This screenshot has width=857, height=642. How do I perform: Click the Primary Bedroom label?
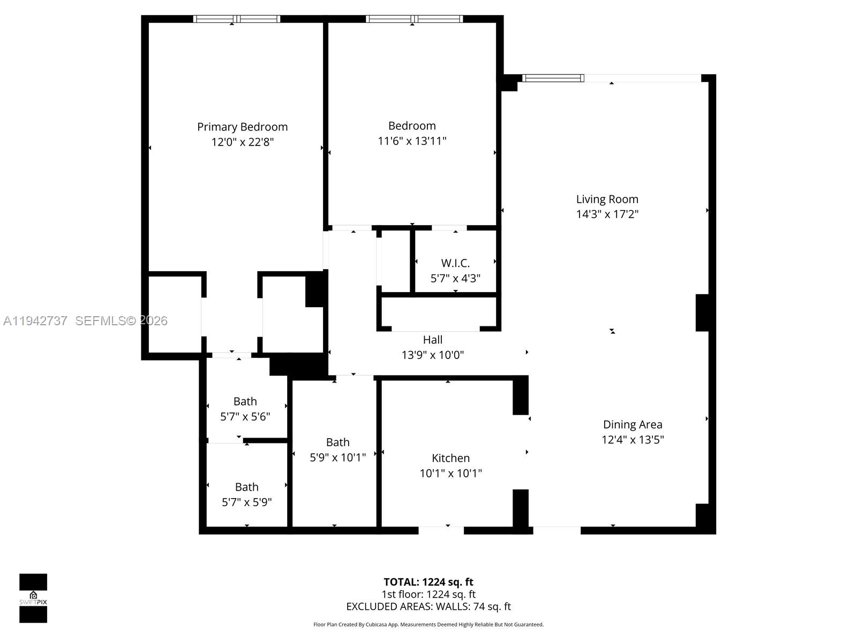[242, 127]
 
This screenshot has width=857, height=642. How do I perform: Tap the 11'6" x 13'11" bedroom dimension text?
[412, 141]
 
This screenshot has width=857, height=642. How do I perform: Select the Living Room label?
[607, 199]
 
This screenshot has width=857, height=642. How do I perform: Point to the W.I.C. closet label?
[455, 263]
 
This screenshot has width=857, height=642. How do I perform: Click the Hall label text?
[433, 340]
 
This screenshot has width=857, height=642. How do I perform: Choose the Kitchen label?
[450, 458]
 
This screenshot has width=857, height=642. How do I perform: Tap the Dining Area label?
[633, 424]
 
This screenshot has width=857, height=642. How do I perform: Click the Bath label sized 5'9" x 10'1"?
[337, 442]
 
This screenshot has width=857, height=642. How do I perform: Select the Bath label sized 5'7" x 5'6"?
[245, 401]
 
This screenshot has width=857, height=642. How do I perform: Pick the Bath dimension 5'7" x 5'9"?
[247, 502]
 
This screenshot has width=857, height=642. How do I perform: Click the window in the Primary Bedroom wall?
[237, 19]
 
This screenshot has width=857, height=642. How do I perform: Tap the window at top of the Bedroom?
[414, 19]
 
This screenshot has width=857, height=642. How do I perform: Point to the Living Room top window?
[553, 78]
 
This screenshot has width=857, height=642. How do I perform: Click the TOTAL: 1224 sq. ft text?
[428, 582]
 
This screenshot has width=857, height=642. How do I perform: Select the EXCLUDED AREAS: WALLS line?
[428, 607]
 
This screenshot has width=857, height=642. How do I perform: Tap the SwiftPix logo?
[33, 598]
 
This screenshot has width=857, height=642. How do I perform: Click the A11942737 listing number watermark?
[35, 320]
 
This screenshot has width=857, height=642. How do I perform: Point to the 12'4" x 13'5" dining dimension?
[633, 440]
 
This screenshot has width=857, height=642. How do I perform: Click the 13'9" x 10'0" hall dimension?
[433, 355]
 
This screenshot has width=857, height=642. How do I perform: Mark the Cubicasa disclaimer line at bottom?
[428, 624]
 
